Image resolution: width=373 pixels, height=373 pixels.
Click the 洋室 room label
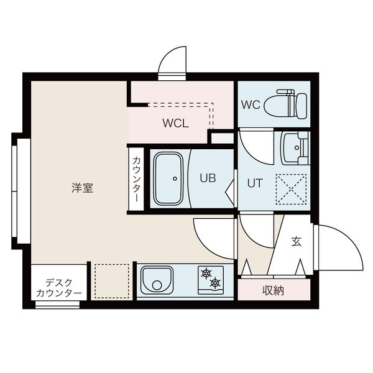[x=82, y=188]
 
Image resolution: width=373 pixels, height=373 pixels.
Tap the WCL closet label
[x=175, y=122]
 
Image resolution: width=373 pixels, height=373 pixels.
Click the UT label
[x=254, y=184]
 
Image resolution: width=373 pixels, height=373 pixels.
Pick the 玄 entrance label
[x=296, y=242]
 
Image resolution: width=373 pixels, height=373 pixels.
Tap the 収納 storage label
[x=274, y=290]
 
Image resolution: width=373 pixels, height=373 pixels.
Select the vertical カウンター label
[x=136, y=178]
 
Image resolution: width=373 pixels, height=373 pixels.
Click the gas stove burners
[x=210, y=278]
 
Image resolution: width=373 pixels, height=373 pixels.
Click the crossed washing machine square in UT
[x=292, y=188]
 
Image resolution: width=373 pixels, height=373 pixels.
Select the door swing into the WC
[x=254, y=144]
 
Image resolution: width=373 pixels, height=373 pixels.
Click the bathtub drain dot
[x=175, y=179]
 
